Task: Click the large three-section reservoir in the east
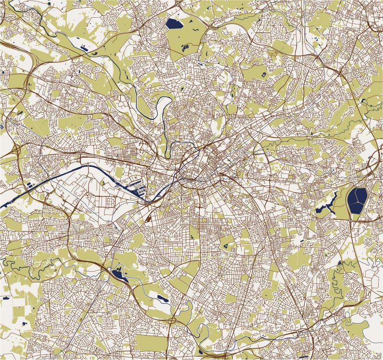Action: pos(357,200)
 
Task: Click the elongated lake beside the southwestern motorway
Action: pos(117,275)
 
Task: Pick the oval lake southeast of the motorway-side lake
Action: pos(162,298)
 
